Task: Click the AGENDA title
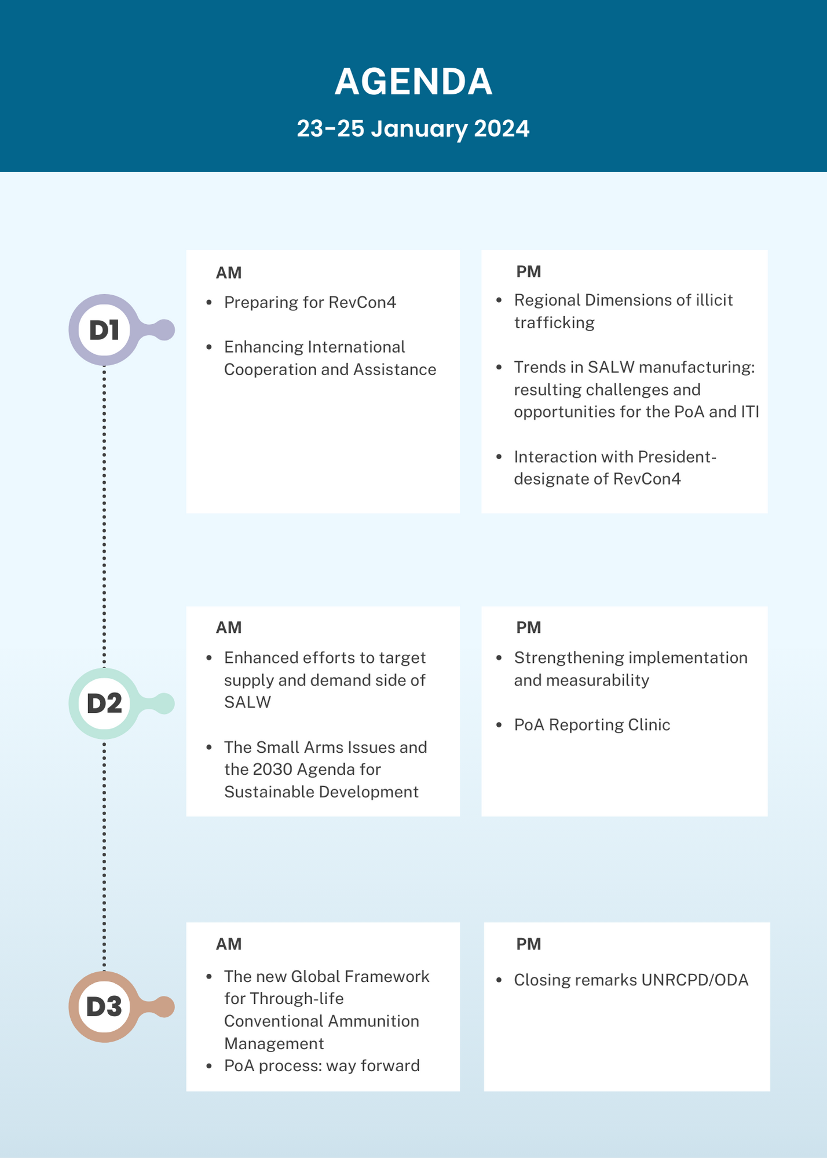point(414,82)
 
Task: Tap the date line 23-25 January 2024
point(413,129)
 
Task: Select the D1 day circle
point(104,329)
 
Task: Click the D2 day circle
point(104,703)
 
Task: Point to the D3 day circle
point(104,1007)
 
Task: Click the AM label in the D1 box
point(229,273)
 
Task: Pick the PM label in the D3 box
point(529,944)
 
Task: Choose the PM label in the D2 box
point(529,628)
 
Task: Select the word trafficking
point(554,323)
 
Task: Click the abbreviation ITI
point(750,412)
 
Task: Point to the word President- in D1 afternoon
point(677,457)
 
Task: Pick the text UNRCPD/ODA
point(695,980)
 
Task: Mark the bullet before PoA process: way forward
point(209,1066)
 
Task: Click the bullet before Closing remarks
point(499,980)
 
